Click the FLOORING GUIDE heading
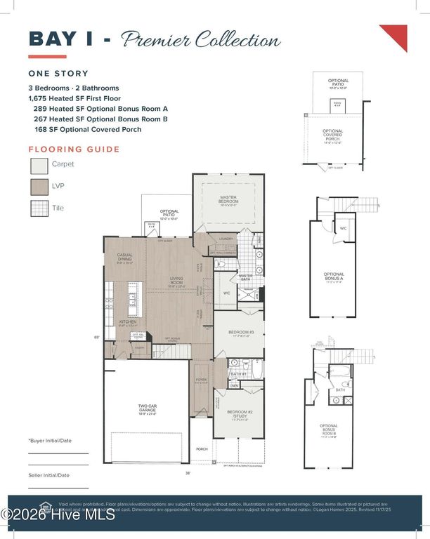click(x=74, y=149)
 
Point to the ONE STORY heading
click(x=58, y=73)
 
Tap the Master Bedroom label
click(x=228, y=199)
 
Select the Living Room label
click(x=176, y=280)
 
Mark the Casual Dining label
click(x=124, y=258)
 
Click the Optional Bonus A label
click(x=333, y=277)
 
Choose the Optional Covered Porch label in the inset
click(x=332, y=135)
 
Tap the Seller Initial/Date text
click(x=48, y=475)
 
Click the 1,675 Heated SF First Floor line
click(x=79, y=99)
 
